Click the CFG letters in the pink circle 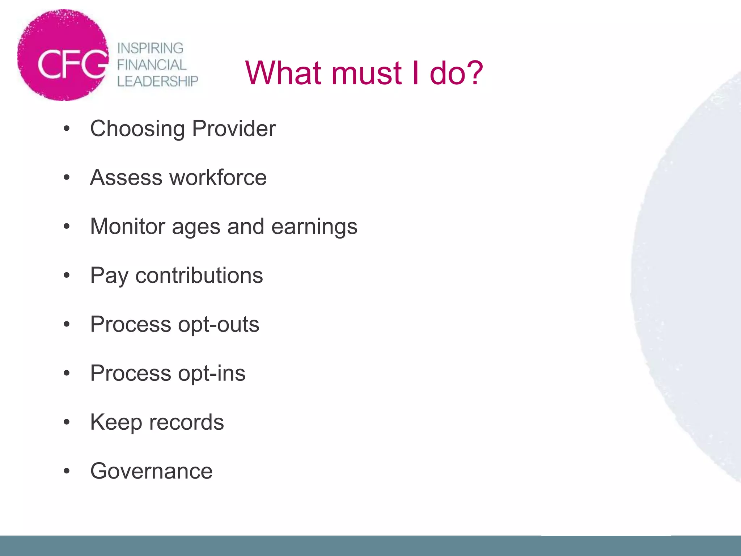72,64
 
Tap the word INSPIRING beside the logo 150,48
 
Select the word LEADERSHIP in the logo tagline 158,81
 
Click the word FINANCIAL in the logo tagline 152,65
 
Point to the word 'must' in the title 366,73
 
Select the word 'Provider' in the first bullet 234,129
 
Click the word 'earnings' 314,227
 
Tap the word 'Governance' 151,471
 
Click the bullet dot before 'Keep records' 66,422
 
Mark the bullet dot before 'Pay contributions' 66,275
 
